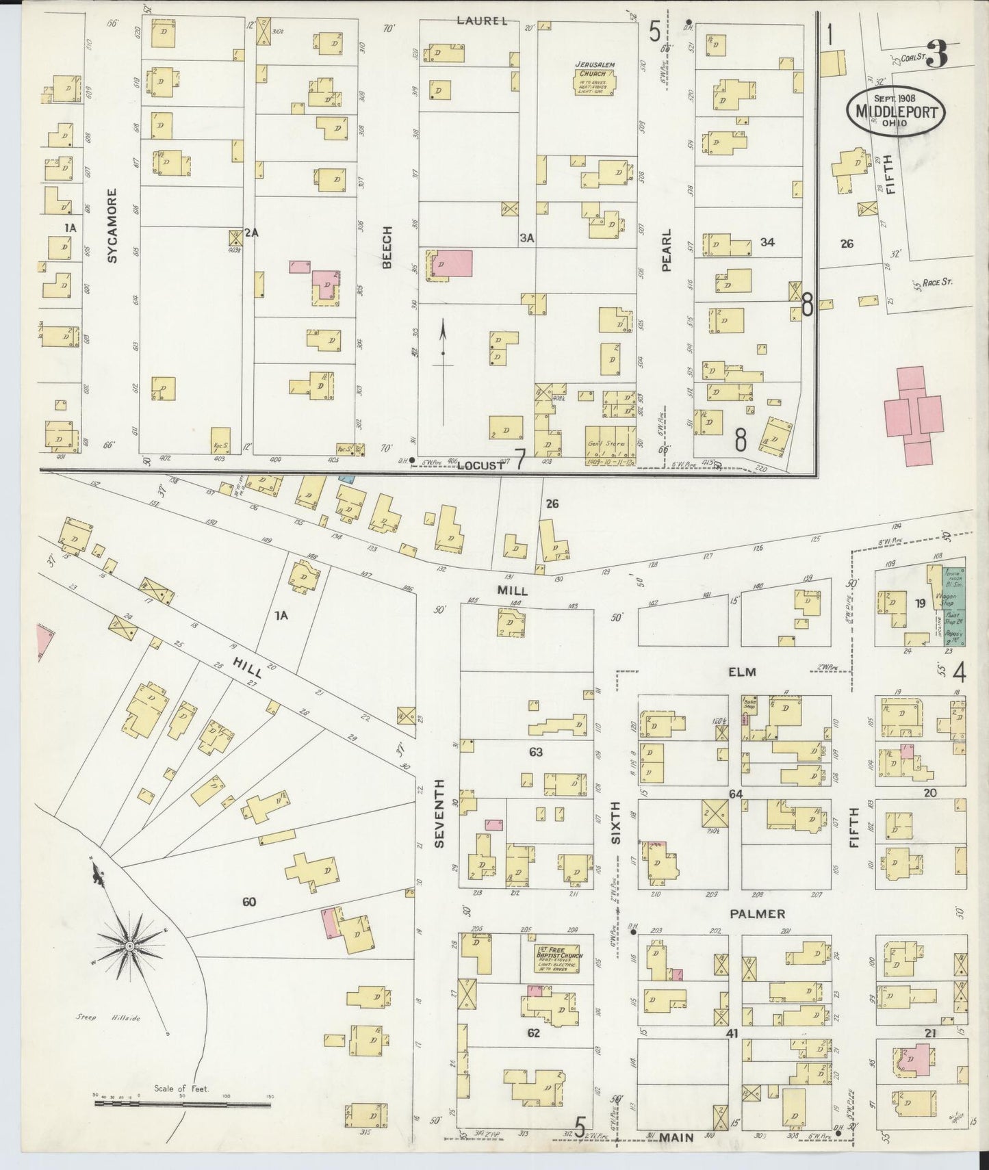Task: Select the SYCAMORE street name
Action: [114, 226]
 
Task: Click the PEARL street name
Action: [666, 250]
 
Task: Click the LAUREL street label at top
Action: [483, 21]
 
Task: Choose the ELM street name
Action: [742, 672]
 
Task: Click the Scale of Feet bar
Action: [181, 1103]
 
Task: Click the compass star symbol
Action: [129, 946]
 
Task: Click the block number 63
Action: [535, 752]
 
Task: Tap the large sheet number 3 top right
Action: [938, 55]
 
